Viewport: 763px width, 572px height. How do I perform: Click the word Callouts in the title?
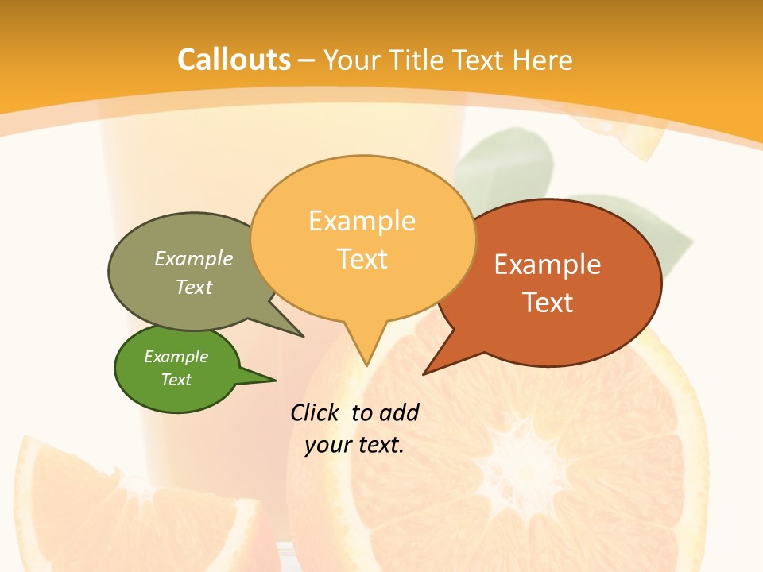coord(234,60)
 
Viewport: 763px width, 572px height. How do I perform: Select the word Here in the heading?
coord(543,60)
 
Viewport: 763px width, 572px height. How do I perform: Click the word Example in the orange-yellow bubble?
coord(362,220)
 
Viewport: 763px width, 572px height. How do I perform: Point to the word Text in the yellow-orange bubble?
coord(362,258)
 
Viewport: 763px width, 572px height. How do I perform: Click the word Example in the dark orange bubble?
coord(548,264)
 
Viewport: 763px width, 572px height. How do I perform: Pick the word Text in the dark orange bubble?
coord(548,302)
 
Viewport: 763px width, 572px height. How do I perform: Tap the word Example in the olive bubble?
coord(194,258)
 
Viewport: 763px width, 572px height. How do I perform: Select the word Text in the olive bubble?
coord(194,287)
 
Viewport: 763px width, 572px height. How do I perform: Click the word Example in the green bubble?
coord(176,357)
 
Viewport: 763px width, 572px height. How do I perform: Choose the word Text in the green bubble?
coord(176,380)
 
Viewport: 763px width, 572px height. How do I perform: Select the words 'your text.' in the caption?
coord(354,445)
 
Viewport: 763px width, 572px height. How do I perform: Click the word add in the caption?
coord(399,412)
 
